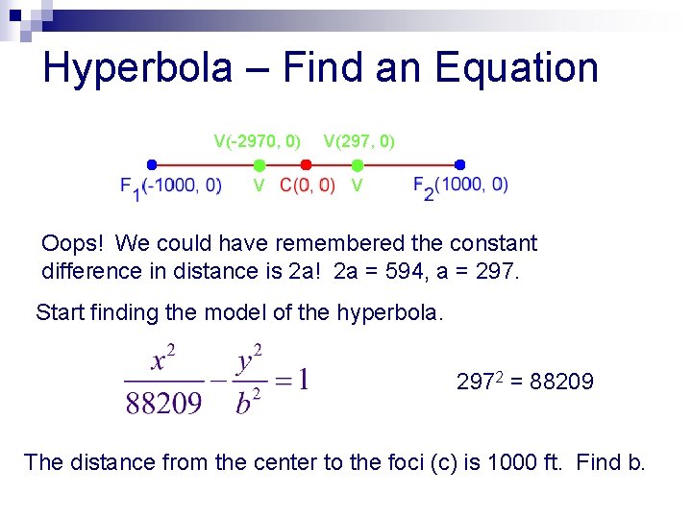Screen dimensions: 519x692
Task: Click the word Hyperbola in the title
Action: pos(136,68)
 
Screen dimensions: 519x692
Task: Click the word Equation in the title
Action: pos(516,68)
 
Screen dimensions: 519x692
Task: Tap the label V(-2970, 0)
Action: pos(257,142)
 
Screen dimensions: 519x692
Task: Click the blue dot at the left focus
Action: pos(151,164)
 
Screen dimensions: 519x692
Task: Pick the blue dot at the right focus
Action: pos(459,164)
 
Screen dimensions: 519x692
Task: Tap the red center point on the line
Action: pos(306,164)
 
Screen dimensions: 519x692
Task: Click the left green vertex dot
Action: pos(259,165)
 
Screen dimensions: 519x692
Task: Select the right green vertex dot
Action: pos(358,165)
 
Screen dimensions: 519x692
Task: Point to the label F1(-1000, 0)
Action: pos(170,186)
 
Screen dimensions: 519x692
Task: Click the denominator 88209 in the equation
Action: pos(163,402)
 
